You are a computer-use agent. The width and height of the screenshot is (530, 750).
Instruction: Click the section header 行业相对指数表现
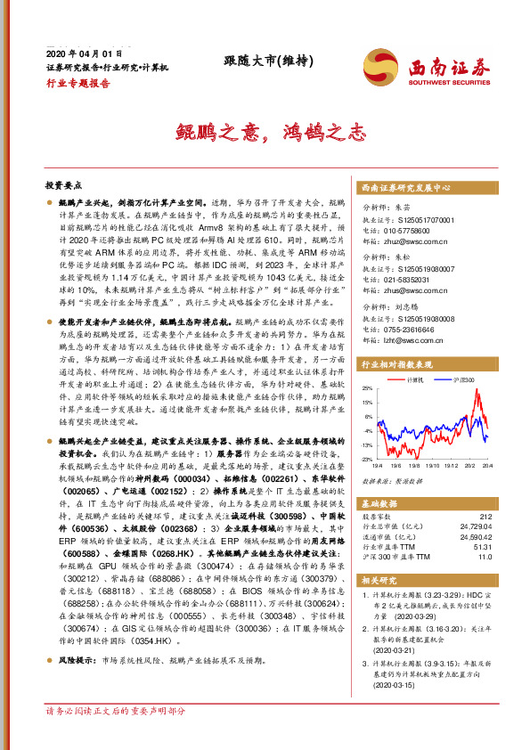point(396,365)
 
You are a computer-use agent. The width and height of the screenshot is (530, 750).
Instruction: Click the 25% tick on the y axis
point(366,389)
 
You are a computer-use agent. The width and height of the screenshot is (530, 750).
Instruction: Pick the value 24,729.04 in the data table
point(473,528)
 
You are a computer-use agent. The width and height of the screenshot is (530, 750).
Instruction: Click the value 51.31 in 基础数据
point(481,548)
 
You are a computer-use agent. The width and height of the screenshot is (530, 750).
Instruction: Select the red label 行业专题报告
point(78,82)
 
